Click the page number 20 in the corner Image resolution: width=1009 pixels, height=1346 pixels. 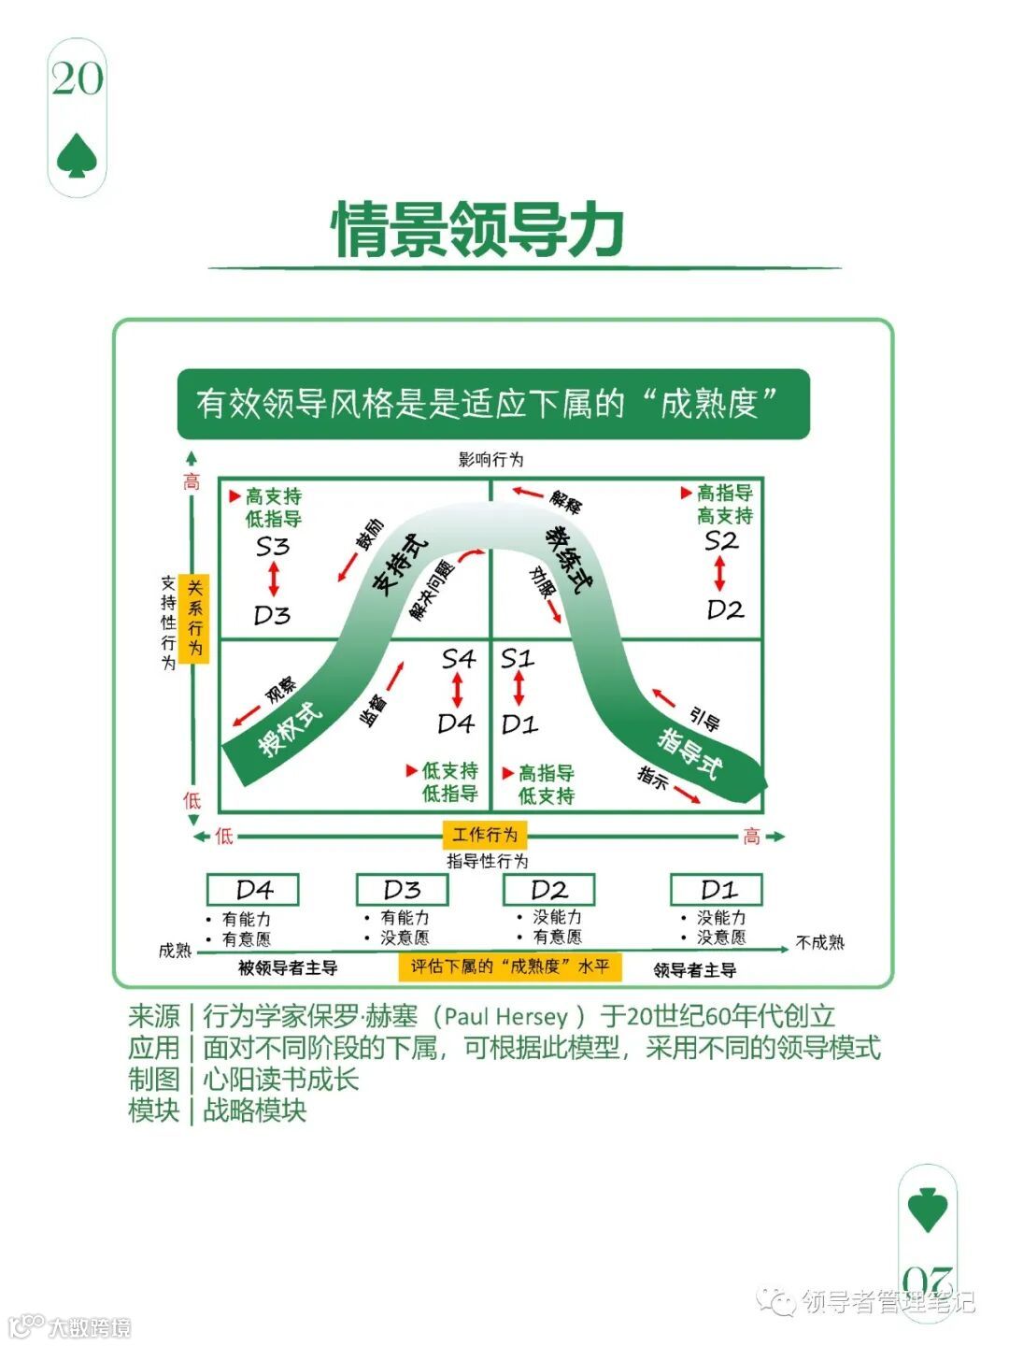[x=78, y=79]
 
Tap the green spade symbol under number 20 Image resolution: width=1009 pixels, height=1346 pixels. [x=78, y=155]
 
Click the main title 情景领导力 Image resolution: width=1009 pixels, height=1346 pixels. [x=478, y=229]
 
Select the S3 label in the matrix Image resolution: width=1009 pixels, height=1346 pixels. [x=273, y=547]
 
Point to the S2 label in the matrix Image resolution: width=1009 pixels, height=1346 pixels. [x=721, y=541]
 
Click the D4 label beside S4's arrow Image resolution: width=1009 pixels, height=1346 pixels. [x=456, y=723]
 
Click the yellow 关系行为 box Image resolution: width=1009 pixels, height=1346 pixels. [x=194, y=618]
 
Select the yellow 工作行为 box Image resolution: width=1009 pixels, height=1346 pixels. [x=485, y=834]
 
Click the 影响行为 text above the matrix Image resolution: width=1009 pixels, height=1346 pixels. [x=490, y=460]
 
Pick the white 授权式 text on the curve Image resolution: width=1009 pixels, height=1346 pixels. [x=291, y=729]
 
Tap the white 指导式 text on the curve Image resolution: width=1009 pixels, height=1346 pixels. [x=690, y=752]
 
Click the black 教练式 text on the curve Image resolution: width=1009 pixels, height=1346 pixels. [x=568, y=558]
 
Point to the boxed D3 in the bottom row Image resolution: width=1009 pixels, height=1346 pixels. [x=402, y=889]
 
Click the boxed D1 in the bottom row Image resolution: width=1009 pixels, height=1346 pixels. [x=718, y=889]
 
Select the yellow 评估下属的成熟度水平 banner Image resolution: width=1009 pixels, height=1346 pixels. [x=510, y=967]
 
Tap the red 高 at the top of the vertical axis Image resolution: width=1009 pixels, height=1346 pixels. [x=192, y=482]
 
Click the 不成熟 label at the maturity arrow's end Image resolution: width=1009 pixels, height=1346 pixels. [x=819, y=942]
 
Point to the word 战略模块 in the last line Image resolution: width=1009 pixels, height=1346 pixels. [x=254, y=1110]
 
